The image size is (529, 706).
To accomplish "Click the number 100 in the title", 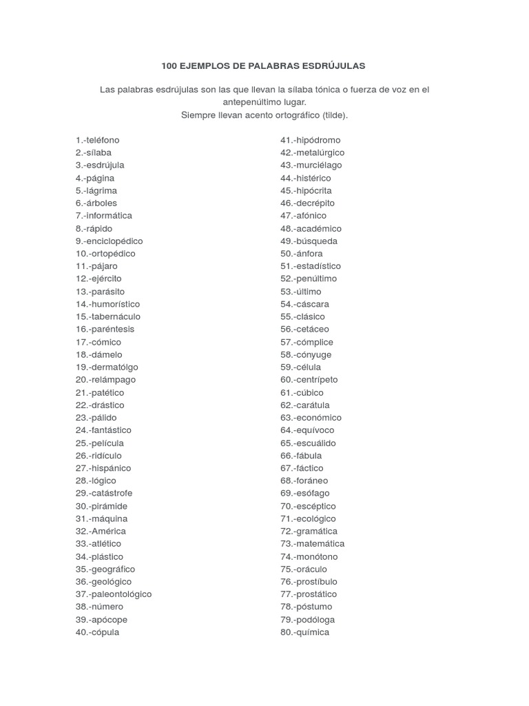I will [169, 66].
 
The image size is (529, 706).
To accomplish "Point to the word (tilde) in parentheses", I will [333, 115].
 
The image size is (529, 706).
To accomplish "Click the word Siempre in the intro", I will [196, 115].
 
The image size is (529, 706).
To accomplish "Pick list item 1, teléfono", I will [98, 140].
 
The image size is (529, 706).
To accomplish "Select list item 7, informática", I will [104, 216].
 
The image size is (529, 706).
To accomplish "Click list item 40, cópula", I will [97, 632].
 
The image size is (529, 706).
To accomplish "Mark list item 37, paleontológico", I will [114, 594].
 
